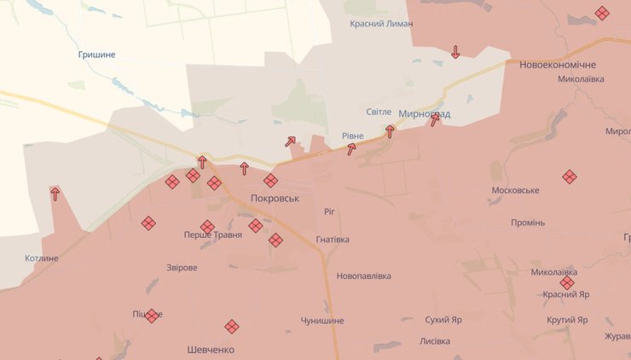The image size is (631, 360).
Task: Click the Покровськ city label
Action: (275, 198)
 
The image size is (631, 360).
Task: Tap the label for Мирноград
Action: (425, 113)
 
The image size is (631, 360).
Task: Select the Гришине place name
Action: (96, 55)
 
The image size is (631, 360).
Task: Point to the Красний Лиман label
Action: (381, 24)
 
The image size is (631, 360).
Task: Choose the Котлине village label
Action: (43, 258)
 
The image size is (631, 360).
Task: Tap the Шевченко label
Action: (211, 350)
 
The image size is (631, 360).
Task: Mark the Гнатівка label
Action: (333, 240)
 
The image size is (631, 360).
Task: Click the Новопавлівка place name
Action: (363, 276)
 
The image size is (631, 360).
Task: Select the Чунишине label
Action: (322, 321)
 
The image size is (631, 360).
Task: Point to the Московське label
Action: (515, 190)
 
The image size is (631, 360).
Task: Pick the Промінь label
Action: (527, 223)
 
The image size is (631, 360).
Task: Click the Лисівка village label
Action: (435, 341)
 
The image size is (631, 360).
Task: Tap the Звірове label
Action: (182, 268)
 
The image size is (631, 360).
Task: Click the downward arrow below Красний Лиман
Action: (455, 52)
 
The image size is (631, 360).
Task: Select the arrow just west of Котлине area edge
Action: (55, 194)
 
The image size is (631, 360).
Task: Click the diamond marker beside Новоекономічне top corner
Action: (602, 14)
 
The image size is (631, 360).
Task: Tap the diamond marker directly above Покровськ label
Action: (270, 180)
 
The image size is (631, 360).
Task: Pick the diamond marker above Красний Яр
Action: (567, 282)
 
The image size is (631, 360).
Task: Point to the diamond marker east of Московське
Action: (570, 177)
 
